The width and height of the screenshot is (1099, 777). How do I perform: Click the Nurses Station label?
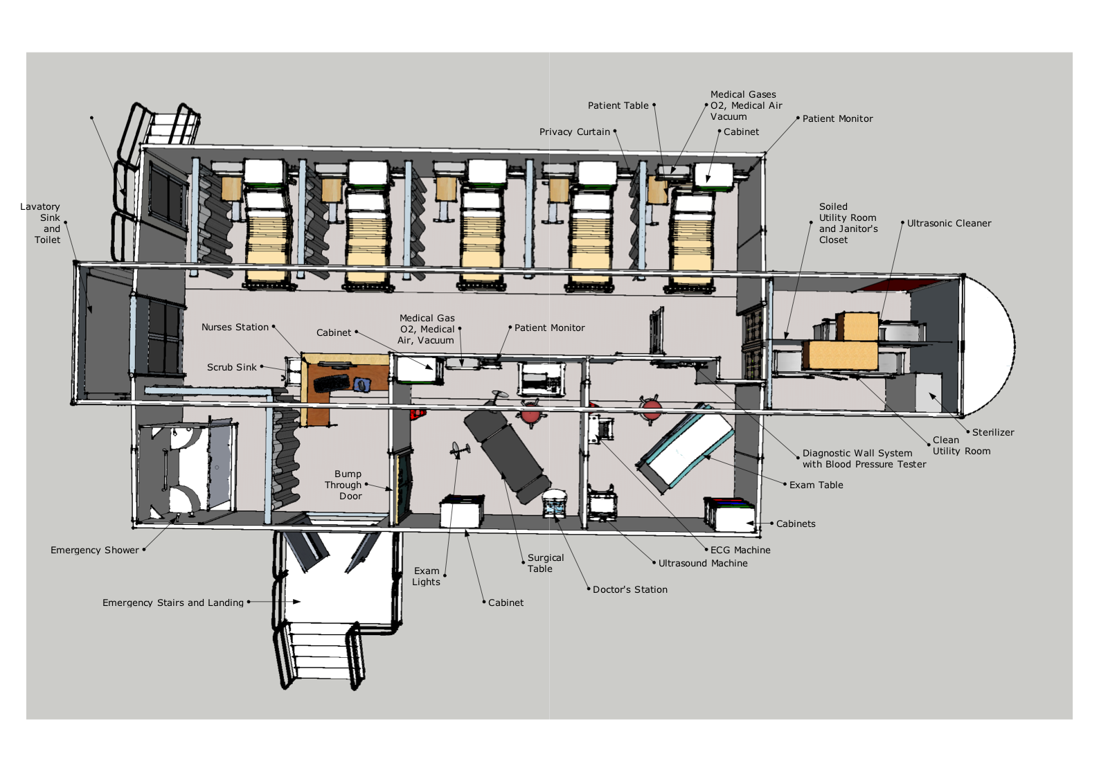pos(235,327)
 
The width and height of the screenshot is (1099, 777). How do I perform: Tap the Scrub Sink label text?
pos(231,368)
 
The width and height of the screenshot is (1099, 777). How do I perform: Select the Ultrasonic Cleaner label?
pos(949,223)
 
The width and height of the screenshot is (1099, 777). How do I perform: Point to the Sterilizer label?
pos(993,432)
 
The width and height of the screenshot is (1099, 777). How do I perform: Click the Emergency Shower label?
pos(95,550)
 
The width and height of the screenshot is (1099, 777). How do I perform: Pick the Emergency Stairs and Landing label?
pos(172,602)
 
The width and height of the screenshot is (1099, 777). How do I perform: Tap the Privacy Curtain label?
pos(575,132)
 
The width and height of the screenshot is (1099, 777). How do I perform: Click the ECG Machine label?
pos(740,550)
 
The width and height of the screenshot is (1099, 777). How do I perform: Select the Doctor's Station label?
pos(630,589)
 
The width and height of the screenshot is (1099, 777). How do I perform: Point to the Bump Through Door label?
pos(343,485)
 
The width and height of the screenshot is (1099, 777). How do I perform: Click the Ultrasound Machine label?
pos(703,563)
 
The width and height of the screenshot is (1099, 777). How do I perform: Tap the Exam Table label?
pos(816,485)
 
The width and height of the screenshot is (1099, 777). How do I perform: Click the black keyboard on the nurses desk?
pos(331,382)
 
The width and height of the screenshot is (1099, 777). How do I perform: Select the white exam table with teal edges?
pos(686,448)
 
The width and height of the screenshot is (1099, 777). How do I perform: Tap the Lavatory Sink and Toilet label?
pos(40,223)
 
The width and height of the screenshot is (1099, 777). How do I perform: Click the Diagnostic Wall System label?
pos(864,458)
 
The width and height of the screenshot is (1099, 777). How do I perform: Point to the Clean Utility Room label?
pos(961,445)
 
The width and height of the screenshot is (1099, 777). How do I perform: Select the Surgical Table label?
pos(546,563)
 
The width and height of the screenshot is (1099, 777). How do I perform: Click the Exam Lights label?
pos(426,576)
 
